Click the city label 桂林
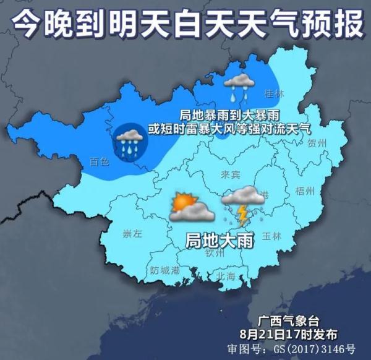(273, 94)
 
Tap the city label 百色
(99, 162)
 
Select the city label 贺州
(316, 143)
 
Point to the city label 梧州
(305, 189)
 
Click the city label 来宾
(231, 176)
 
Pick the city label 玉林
(271, 236)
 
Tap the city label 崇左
(132, 234)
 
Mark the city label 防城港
(164, 270)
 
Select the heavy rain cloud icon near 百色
(129, 142)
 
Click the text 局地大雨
(220, 241)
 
